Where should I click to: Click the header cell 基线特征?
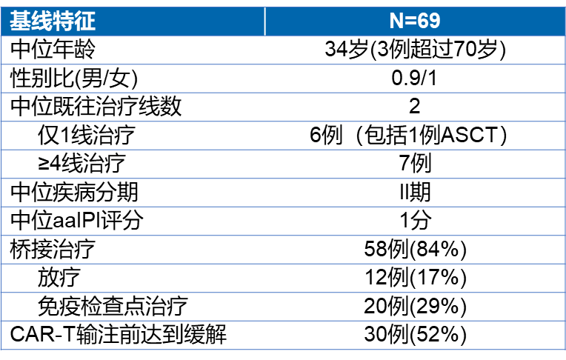[53, 21]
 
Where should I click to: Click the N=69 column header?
[415, 21]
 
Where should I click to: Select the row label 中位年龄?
[53, 50]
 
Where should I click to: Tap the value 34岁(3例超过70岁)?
[415, 49]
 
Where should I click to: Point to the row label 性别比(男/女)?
[74, 78]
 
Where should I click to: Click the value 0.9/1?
[414, 78]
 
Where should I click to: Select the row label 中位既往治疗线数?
[96, 107]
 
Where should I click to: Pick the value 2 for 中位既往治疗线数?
[414, 106]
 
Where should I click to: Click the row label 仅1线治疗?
[87, 135]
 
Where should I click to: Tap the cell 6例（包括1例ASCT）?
[408, 135]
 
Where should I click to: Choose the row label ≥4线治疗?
[82, 164]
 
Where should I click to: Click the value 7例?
[415, 163]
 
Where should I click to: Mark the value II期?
[415, 192]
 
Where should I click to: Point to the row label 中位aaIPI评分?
[76, 220]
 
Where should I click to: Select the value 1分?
[415, 220]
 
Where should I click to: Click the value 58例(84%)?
[415, 249]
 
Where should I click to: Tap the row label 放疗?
[59, 278]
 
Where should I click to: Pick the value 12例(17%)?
[416, 278]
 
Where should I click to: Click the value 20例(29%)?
[415, 306]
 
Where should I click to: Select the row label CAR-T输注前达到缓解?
[118, 334]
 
